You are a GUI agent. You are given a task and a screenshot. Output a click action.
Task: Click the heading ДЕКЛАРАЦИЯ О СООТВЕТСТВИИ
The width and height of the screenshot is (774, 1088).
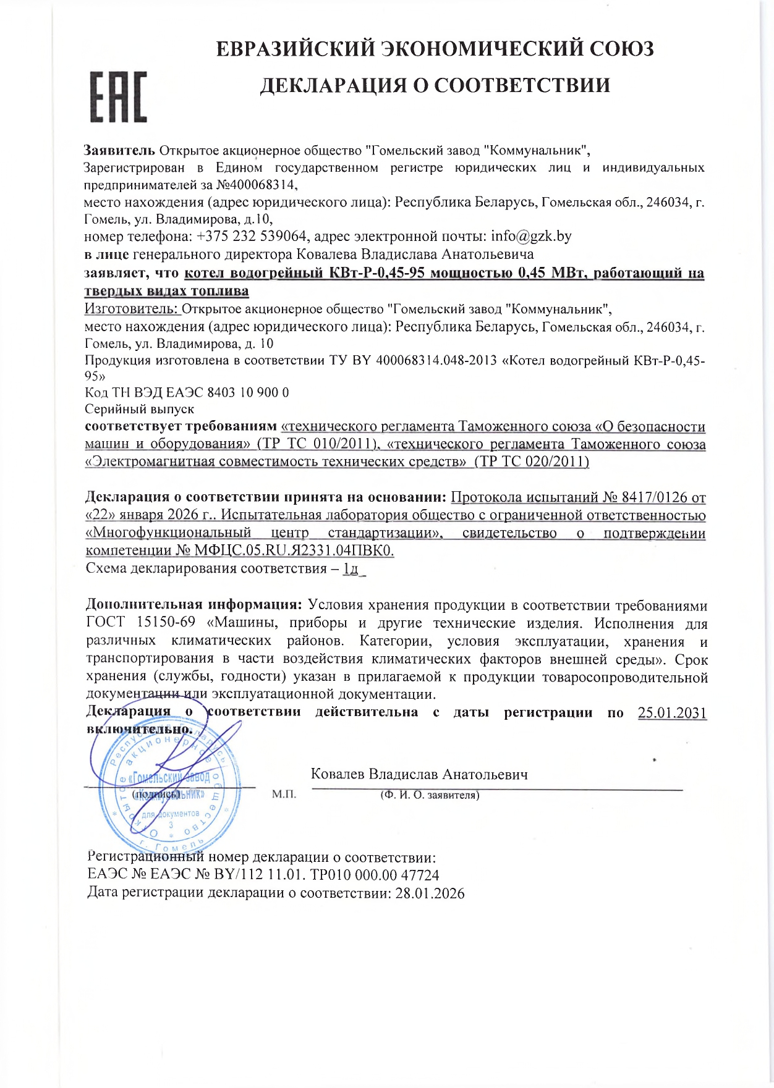pyautogui.click(x=435, y=85)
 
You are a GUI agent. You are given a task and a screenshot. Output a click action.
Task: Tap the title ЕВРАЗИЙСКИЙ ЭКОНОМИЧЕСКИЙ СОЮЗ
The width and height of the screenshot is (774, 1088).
pyautogui.click(x=435, y=49)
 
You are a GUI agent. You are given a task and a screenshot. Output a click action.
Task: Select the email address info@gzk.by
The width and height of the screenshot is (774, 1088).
pyautogui.click(x=531, y=236)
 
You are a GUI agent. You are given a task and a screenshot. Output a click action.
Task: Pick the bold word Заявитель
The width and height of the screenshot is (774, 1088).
pyautogui.click(x=119, y=150)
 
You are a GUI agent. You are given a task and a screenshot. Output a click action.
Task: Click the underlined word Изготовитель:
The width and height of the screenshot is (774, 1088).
pyautogui.click(x=131, y=308)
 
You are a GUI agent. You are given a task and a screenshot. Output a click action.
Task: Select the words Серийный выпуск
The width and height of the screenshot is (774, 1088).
pyautogui.click(x=139, y=409)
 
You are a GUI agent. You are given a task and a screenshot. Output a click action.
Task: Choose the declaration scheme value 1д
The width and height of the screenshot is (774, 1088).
pyautogui.click(x=351, y=568)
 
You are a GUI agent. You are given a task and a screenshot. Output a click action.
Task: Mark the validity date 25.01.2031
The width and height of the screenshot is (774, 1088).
pyautogui.click(x=672, y=712)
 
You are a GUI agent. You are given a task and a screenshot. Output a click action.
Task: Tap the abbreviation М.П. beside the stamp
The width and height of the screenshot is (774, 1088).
pyautogui.click(x=284, y=794)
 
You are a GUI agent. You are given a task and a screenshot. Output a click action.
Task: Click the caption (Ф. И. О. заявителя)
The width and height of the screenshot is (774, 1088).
pyautogui.click(x=430, y=795)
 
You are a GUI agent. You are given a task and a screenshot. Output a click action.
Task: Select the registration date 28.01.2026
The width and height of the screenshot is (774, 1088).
pyautogui.click(x=430, y=893)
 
